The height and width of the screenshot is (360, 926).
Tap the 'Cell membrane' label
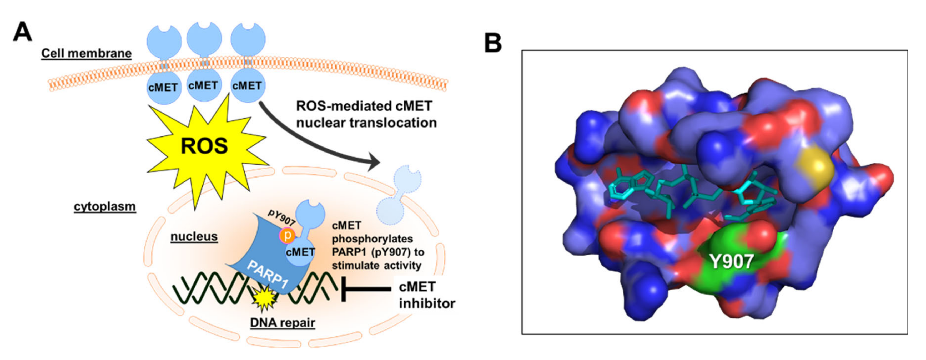click(86, 53)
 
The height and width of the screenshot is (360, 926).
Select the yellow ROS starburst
click(204, 146)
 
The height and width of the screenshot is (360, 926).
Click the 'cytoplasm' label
click(105, 207)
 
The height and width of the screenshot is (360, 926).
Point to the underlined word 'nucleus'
click(194, 236)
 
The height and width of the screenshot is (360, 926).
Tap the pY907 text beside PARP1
click(281, 218)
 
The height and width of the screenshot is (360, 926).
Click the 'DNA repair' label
click(283, 323)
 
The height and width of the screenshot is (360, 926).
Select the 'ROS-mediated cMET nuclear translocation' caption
click(366, 114)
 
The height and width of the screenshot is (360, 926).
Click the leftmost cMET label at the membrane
click(163, 87)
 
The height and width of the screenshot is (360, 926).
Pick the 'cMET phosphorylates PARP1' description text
click(378, 245)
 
